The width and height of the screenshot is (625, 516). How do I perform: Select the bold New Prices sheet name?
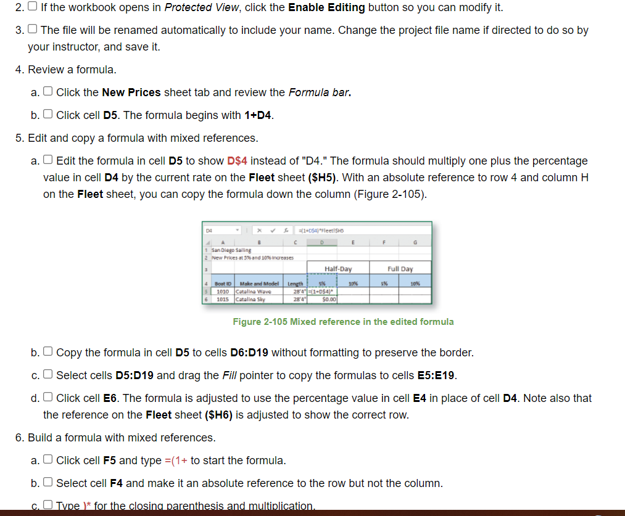pos(131,92)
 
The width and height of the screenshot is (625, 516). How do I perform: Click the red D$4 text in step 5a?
pos(238,161)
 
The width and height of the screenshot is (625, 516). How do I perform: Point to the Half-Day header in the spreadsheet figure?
pos(338,269)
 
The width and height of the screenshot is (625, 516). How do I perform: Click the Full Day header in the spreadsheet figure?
pos(400,269)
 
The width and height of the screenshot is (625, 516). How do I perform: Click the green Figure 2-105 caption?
pos(343,322)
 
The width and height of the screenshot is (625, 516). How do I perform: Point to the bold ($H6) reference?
pos(218,415)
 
